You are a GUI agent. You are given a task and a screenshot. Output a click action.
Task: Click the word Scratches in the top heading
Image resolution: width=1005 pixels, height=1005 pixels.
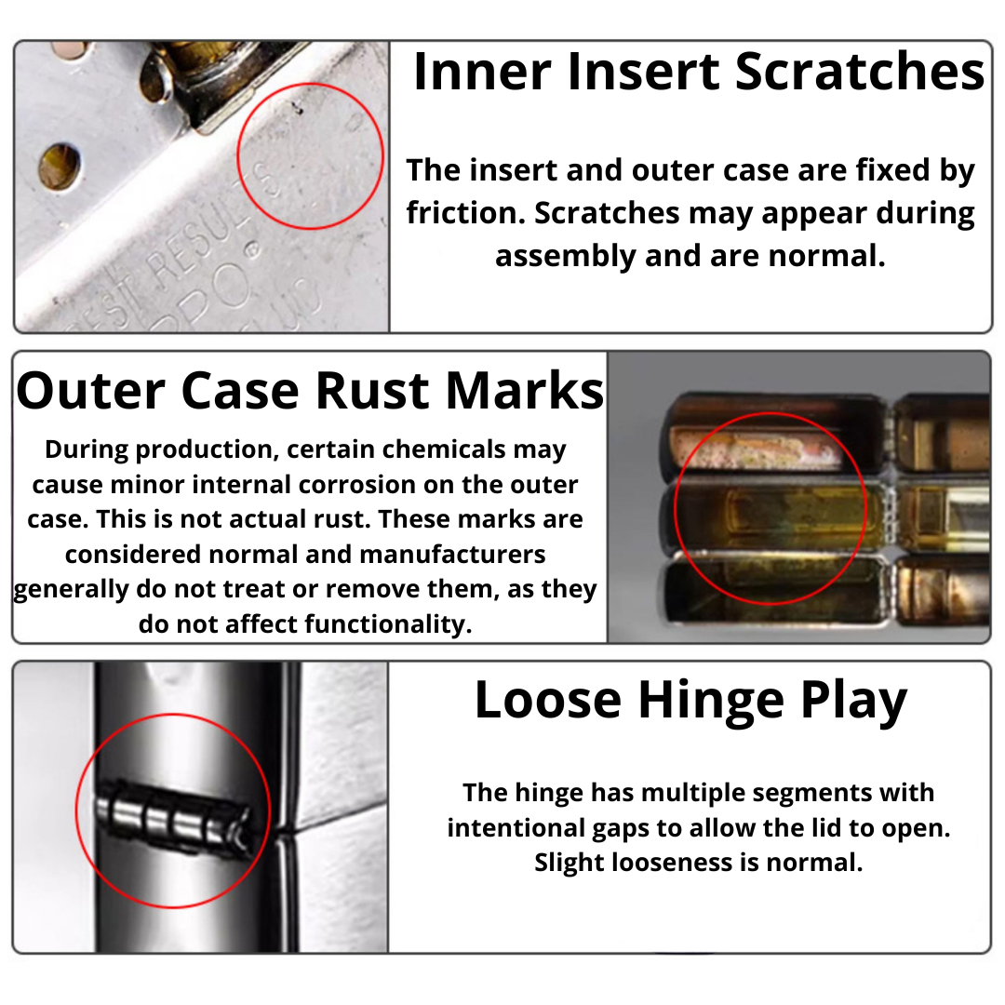pos(859,71)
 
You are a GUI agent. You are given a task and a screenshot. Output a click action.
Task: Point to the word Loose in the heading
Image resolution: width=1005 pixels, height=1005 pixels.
pos(548,701)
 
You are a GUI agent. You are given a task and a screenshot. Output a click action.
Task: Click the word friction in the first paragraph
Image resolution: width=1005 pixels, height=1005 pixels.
pos(464,213)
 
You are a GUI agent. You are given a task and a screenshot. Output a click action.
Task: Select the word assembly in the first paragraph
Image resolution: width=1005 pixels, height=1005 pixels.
pos(565,257)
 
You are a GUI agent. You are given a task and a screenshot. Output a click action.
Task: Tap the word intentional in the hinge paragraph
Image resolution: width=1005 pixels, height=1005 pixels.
pos(516,828)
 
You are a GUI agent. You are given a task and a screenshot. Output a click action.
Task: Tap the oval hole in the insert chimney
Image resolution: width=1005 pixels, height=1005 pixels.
pos(60,167)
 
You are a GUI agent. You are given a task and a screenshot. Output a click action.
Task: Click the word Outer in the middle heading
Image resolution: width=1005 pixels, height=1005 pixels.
pos(91,390)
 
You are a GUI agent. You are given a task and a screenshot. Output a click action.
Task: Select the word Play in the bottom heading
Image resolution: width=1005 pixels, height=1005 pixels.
pos(853,701)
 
